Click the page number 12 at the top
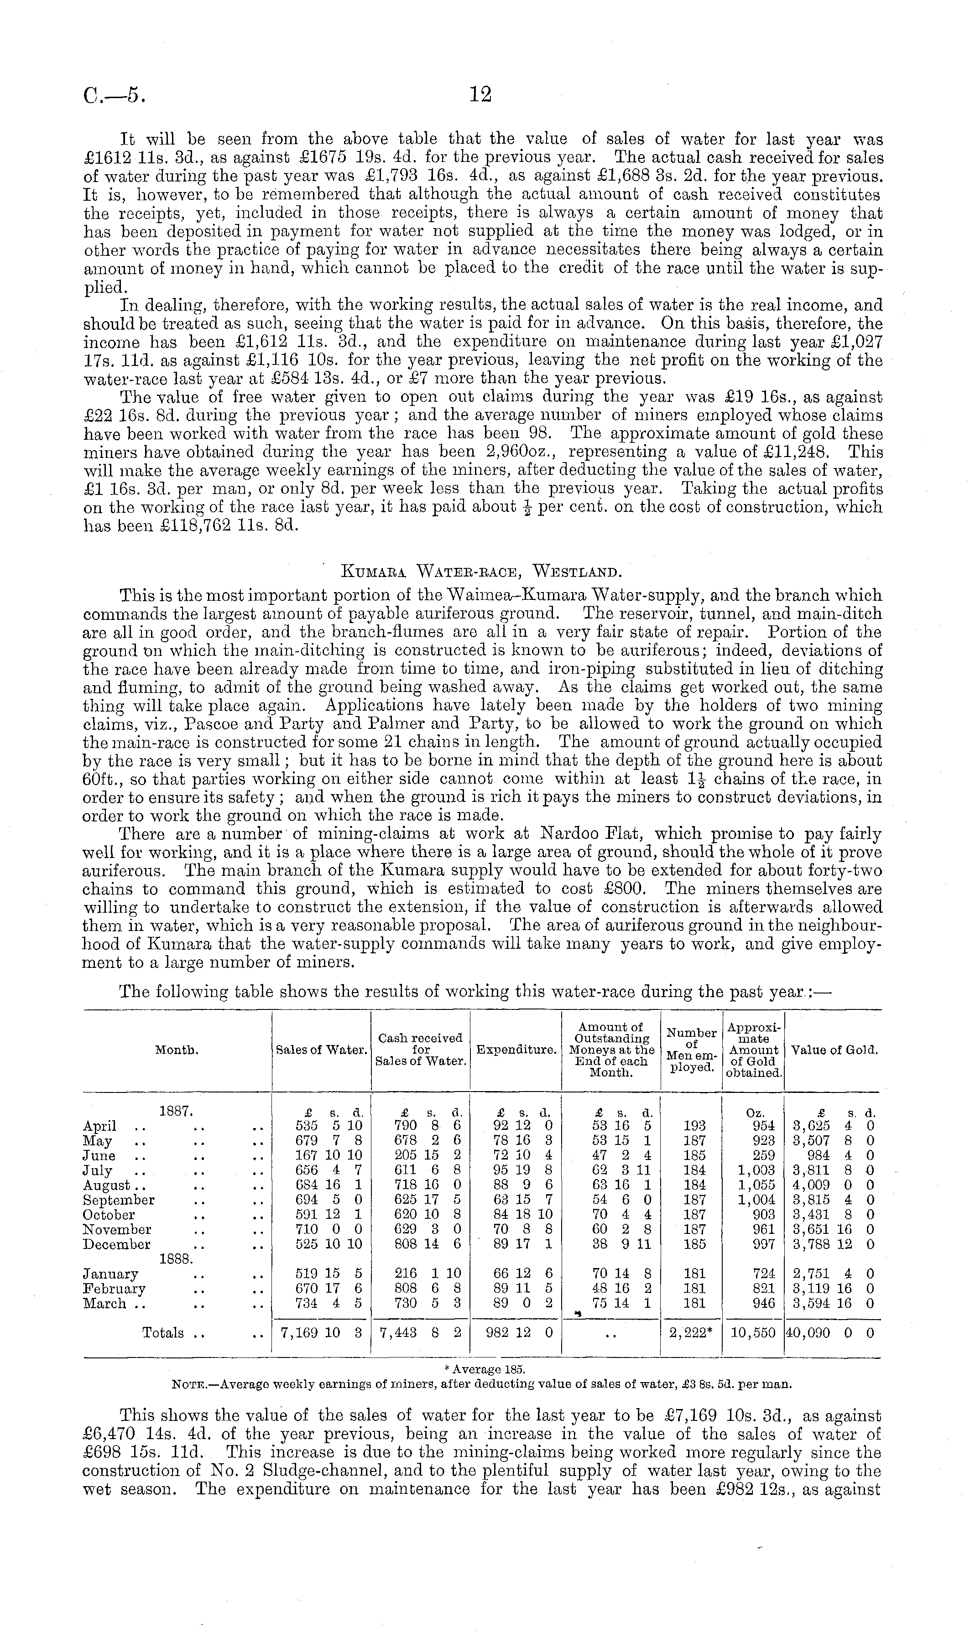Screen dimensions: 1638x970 pos(480,95)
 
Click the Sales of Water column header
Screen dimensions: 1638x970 pos(321,1050)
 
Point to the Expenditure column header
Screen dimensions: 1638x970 pos(516,1050)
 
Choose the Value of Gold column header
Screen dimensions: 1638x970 pos(834,1050)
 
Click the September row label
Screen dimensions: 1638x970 pos(119,1200)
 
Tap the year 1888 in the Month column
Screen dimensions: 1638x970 pos(174,1258)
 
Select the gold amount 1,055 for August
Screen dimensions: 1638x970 pos(758,1185)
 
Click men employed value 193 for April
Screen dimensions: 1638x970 pos(694,1126)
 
